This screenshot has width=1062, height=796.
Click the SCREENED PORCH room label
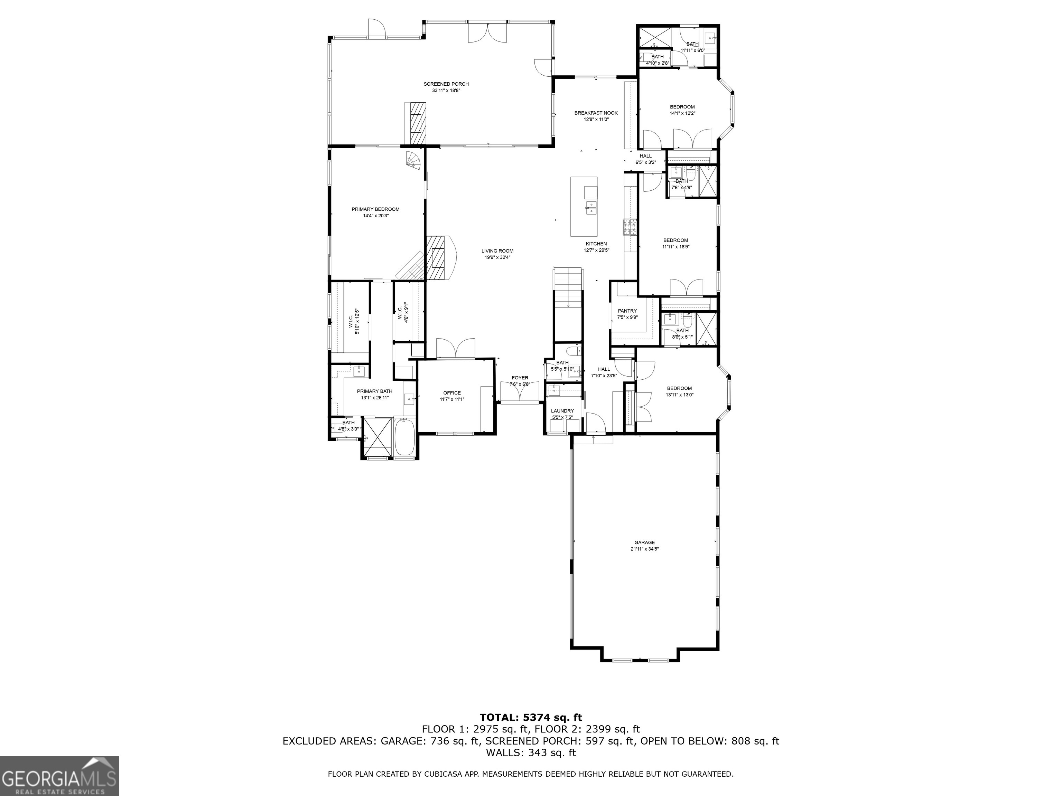click(446, 84)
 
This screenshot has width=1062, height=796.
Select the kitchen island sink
click(590, 208)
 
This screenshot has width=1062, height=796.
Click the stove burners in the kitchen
click(630, 227)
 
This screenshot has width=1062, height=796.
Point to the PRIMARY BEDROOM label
click(375, 209)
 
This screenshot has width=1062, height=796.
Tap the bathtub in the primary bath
click(405, 437)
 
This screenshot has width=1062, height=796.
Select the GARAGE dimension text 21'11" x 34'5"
click(644, 549)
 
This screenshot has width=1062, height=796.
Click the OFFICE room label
click(452, 392)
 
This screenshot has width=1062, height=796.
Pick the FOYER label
click(520, 378)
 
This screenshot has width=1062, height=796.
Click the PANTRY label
click(627, 311)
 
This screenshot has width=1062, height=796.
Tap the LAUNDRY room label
click(562, 411)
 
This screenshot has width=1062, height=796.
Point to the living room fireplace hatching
click(438, 258)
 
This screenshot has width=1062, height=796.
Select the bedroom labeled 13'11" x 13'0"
click(679, 391)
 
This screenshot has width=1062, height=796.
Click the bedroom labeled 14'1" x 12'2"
click(682, 110)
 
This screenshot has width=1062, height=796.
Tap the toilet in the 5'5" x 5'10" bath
click(573, 349)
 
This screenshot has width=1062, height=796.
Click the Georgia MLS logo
click(59, 776)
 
